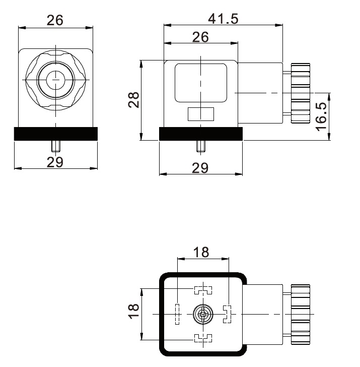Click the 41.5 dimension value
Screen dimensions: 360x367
[223, 19]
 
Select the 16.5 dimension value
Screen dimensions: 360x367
[322, 116]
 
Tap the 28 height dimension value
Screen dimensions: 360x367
[134, 100]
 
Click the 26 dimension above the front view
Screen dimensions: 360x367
[55, 20]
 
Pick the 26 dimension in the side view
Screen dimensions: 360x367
[200, 37]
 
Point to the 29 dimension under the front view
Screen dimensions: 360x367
[55, 162]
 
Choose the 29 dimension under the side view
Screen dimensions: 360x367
[200, 168]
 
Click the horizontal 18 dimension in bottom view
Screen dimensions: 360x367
[201, 252]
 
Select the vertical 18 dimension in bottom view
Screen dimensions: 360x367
[134, 311]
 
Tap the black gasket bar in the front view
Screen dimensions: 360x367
[56, 134]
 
